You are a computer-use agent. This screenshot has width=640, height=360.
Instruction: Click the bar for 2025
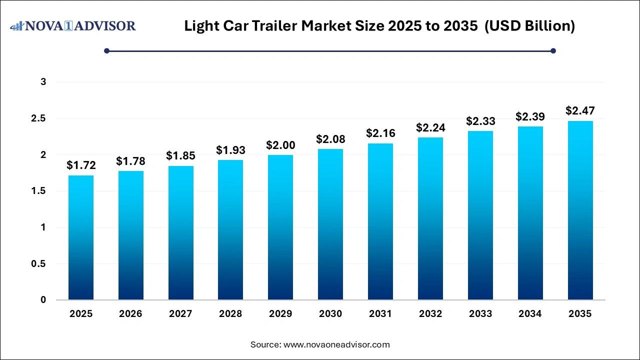point(81,237)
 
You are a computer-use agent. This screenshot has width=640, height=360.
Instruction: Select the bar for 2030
point(330,224)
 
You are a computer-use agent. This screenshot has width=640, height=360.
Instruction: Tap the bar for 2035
point(580,210)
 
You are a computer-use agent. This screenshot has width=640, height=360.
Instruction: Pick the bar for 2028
point(230,230)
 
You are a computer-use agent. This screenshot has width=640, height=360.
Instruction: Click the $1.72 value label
point(81,165)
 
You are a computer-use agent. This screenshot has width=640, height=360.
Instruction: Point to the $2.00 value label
point(280,145)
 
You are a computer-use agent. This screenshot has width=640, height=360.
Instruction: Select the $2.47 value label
point(580,110)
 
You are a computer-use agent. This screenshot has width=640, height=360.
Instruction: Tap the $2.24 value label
point(430,127)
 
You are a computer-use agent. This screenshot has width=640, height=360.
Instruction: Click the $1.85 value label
point(180,155)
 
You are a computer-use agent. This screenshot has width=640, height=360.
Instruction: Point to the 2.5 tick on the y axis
point(39,118)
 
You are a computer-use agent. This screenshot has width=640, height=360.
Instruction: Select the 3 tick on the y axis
point(43,82)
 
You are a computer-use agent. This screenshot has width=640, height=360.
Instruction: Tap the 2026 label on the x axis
point(130,314)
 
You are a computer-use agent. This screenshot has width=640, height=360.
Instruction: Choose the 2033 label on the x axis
point(480,314)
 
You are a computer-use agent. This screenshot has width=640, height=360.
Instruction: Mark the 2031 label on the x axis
point(380,314)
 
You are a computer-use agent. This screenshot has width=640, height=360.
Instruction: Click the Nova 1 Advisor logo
point(73,25)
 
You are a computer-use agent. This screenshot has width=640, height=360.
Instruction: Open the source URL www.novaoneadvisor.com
point(336,344)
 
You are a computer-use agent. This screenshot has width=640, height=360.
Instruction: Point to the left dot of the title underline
point(106,50)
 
